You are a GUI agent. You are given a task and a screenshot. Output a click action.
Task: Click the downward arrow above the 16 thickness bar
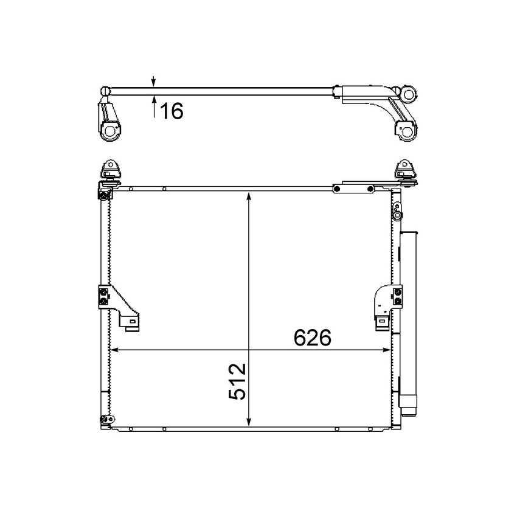pos(154,82)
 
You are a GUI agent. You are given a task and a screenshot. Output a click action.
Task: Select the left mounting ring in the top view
pos(111,131)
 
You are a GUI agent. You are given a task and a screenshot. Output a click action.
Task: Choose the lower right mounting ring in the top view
pos(406,130)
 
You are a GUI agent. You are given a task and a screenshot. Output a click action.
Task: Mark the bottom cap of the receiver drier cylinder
pos(408,402)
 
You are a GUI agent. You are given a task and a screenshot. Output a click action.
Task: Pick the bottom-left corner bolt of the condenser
pos(105,419)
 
